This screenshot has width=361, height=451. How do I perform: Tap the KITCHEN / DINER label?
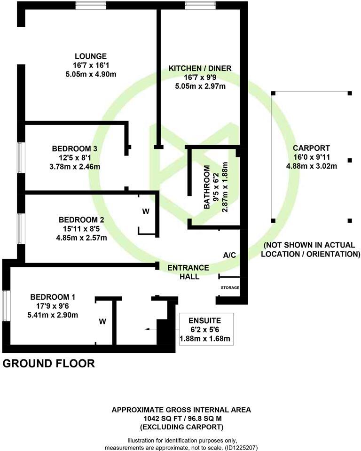(x=200, y=69)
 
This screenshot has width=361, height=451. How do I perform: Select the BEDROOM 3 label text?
(x=75, y=149)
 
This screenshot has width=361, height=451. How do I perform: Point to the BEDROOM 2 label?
(x=82, y=220)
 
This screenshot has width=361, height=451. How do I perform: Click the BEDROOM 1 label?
(x=53, y=297)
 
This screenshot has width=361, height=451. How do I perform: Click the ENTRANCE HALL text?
(x=183, y=272)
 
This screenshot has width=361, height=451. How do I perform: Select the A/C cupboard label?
(x=229, y=255)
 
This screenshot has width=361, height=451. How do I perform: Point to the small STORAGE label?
(x=230, y=288)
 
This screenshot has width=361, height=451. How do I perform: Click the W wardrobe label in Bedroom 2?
(x=146, y=211)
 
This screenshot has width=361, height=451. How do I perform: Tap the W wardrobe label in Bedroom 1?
(x=102, y=322)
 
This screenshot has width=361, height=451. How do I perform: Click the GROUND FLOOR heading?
(x=49, y=363)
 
